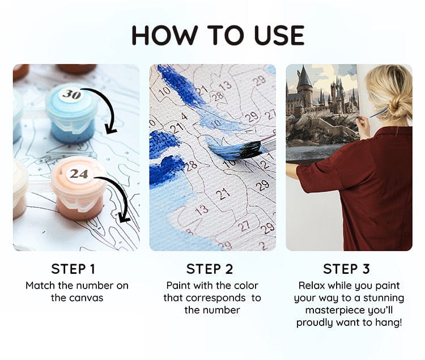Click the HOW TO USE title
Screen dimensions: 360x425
pos(218,35)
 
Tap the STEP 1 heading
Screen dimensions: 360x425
pos(76,269)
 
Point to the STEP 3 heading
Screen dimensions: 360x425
pos(347,269)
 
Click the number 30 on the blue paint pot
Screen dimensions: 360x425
pos(71,94)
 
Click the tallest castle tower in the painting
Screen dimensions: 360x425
pos(304,85)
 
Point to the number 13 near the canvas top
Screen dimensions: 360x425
pos(225,86)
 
